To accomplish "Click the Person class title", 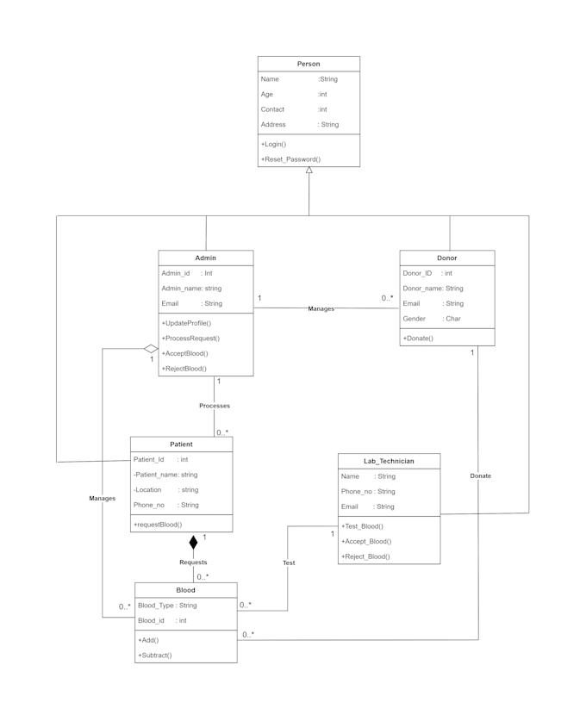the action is point(309,64).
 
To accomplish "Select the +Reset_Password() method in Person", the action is point(290,159).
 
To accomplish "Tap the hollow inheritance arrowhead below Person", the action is point(309,170).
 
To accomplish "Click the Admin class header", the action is point(206,258).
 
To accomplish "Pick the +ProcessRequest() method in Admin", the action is point(190,338).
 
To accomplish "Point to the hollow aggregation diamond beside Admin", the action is point(151,349).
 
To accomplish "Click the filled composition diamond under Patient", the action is point(193,543).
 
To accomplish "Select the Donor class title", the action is point(447,258).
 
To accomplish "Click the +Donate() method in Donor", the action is point(418,338).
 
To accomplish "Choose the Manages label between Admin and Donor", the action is point(321,308).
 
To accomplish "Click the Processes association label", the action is point(215,406).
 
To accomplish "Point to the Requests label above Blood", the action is point(193,562).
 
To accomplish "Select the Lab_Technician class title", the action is point(389,461).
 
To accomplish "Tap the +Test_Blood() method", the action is point(362,526).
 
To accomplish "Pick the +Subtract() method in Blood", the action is point(155,656).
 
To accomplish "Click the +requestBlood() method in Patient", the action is point(158,525).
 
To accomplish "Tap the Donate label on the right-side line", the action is point(481,475).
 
